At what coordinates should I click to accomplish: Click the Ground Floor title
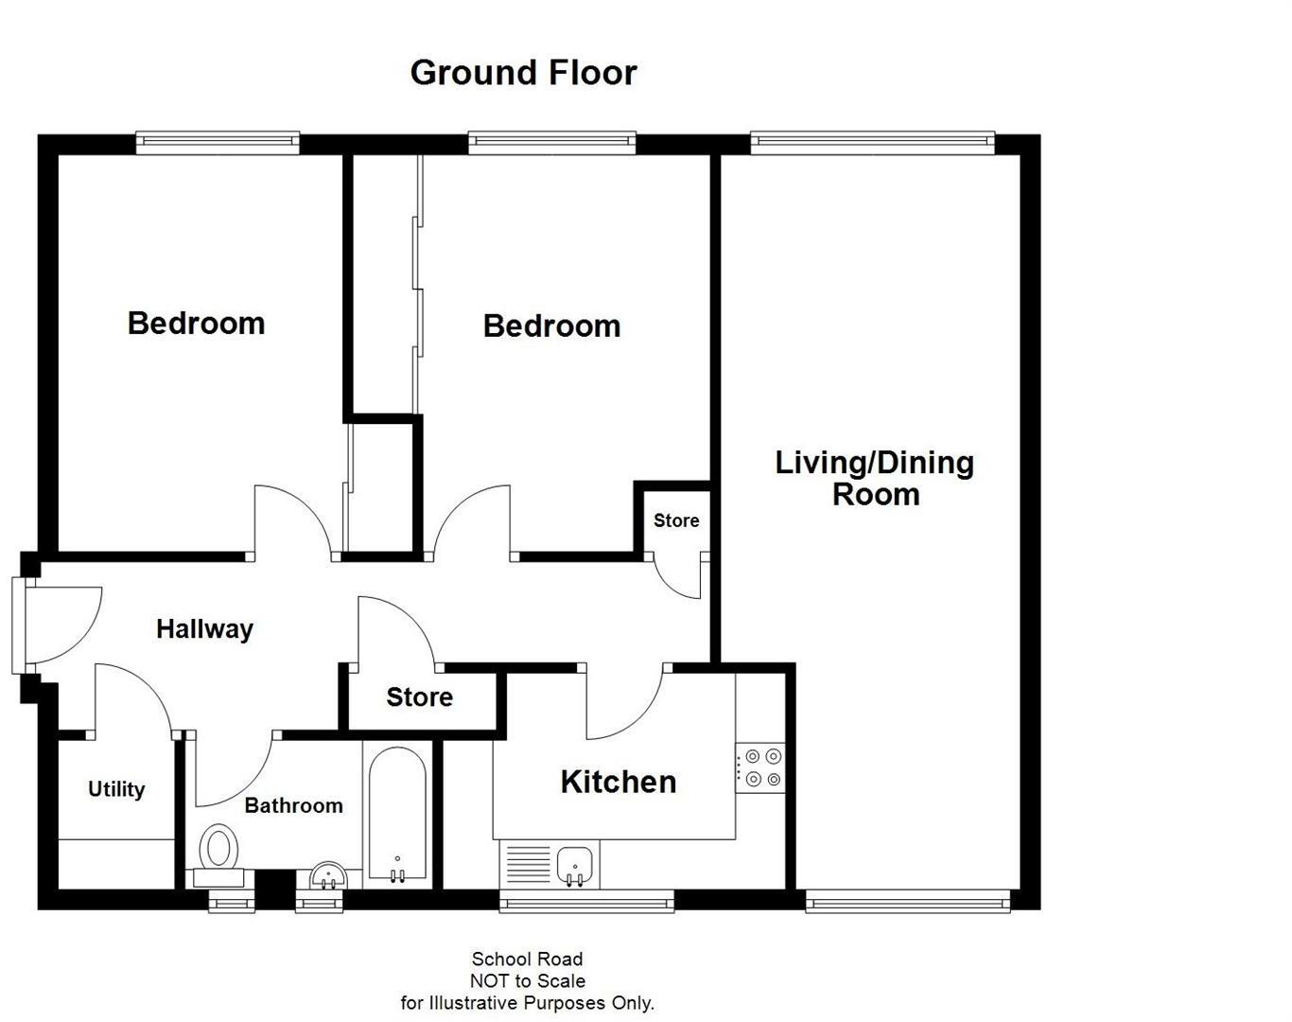(x=523, y=73)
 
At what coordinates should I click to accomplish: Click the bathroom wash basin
(x=328, y=875)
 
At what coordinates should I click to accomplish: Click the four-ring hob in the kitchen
(x=761, y=767)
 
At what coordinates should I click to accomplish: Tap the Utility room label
(x=116, y=789)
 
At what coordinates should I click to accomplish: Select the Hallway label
(x=204, y=629)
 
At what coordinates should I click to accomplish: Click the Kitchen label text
(x=618, y=782)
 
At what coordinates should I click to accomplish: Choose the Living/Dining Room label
(x=875, y=478)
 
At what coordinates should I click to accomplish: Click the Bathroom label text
(x=293, y=805)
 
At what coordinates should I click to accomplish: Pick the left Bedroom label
(x=196, y=323)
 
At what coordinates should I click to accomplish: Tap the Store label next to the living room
(x=676, y=520)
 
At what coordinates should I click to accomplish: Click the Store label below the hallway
(x=419, y=697)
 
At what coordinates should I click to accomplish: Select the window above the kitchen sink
(x=586, y=902)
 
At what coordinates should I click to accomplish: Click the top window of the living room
(x=872, y=143)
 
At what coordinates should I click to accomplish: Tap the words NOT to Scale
(x=527, y=981)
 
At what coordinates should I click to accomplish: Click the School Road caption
(x=527, y=960)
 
